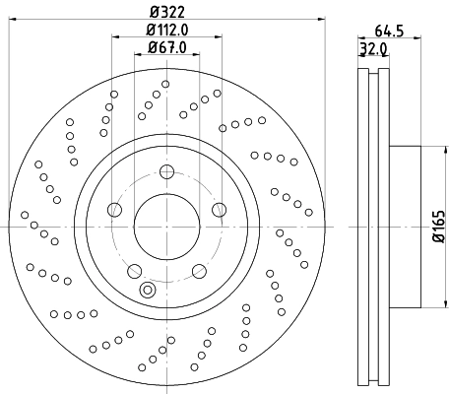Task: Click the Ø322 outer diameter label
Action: [x=166, y=11]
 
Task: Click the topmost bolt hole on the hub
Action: [x=165, y=173]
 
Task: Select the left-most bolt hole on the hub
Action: [x=114, y=210]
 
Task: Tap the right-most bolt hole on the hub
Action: [x=217, y=210]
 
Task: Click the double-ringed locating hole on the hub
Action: [x=148, y=290]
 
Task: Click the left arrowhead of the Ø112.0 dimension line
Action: [x=115, y=36]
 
